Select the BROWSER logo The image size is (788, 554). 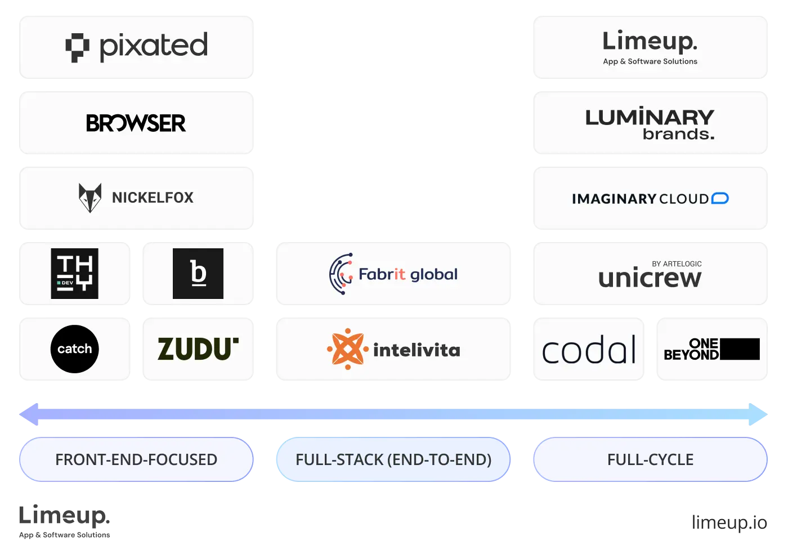pos(136,123)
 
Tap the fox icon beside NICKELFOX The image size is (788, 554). pos(90,198)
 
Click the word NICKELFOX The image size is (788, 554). pos(153,198)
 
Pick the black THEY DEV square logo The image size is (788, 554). pos(74,274)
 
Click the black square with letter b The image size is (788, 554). pos(198,274)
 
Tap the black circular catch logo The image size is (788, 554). pos(74,349)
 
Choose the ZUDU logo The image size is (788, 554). pos(198,349)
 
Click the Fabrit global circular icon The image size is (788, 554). pos(341,274)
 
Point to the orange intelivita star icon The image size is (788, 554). pos(347,349)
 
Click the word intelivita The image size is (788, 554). pos(417,350)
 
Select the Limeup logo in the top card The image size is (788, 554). pos(650,41)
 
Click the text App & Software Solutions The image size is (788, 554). pos(650,61)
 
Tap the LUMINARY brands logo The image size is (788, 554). pos(650,124)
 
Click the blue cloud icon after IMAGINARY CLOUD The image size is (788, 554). pos(720,198)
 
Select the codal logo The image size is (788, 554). pos(589,350)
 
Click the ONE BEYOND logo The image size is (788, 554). pos(711,349)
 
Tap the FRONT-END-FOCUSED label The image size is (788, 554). pos(136,459)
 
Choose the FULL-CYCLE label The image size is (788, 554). pos(650,459)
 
